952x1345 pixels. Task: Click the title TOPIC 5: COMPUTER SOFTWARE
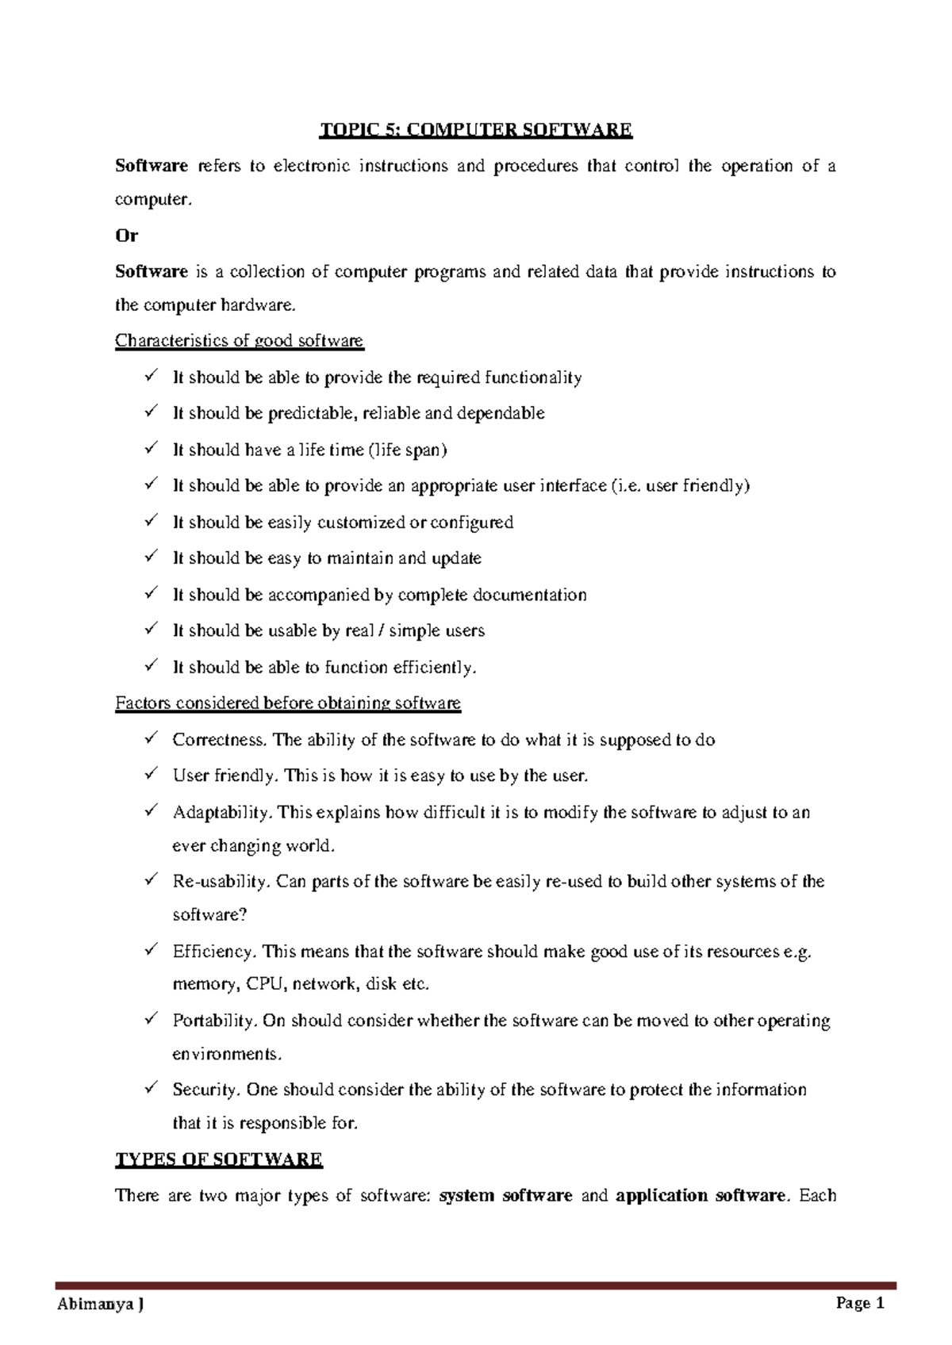475,130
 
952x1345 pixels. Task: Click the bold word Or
127,236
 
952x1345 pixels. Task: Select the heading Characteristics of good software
239,341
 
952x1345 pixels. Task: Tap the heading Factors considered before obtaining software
288,703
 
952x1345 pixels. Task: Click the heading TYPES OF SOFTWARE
219,1159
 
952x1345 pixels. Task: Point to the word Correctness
220,740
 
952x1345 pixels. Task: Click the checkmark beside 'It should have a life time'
151,449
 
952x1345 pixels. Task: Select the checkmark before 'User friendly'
151,775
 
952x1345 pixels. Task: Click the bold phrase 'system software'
505,1196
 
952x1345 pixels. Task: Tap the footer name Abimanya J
102,1305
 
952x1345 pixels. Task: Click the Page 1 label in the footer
859,1304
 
